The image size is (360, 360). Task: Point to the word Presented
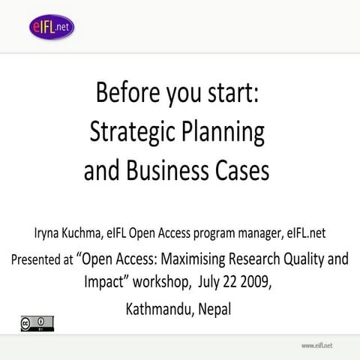(x=41, y=261)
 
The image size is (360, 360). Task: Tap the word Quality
(x=308, y=260)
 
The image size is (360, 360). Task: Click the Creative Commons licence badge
(x=37, y=323)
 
